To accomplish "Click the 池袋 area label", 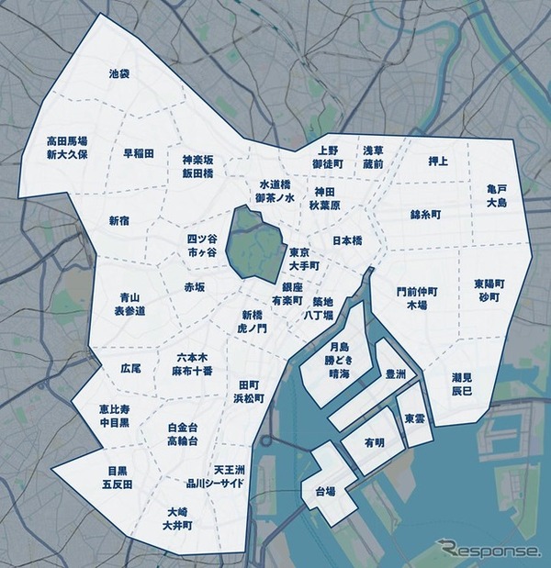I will [119, 72].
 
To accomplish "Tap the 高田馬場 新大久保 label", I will [67, 148].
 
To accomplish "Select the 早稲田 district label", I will [139, 153].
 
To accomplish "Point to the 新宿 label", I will [119, 220].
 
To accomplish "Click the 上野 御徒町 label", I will [327, 156].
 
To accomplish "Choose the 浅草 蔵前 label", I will [373, 156].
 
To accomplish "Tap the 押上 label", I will [438, 161].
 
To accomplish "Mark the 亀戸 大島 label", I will [497, 195].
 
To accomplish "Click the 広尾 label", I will [130, 368].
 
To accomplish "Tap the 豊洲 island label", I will [396, 374].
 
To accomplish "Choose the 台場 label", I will [325, 490].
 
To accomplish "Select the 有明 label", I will [374, 442].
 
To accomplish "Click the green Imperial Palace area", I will [256, 242].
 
